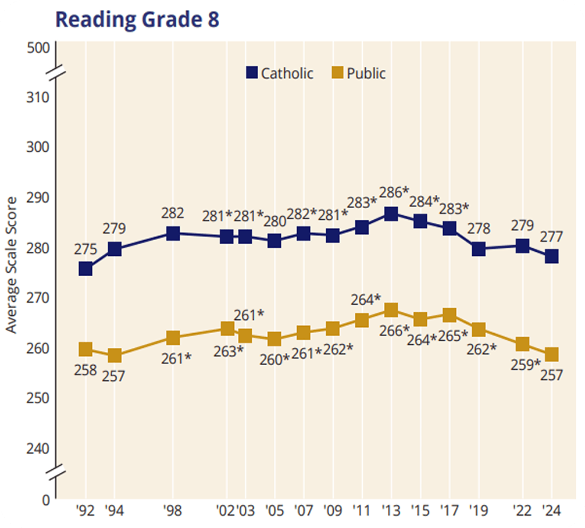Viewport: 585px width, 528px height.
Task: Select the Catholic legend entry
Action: [x=279, y=73]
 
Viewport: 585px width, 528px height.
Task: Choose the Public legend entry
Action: [x=359, y=73]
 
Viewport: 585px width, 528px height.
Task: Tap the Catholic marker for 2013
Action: [x=391, y=214]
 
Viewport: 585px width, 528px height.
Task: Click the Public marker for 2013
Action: [x=391, y=309]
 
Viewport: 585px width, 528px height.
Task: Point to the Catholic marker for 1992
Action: [x=85, y=269]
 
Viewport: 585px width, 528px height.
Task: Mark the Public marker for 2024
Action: [x=551, y=354]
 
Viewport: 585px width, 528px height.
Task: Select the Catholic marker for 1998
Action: [x=173, y=233]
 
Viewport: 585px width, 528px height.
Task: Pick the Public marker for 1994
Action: [x=115, y=355]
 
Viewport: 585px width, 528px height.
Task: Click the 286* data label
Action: [x=394, y=192]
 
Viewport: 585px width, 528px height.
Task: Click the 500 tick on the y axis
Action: [x=38, y=48]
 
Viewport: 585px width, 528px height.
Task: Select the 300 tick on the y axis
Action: [x=38, y=147]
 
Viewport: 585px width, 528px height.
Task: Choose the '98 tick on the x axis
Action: [x=173, y=512]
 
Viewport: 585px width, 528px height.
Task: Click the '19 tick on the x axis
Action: [x=478, y=512]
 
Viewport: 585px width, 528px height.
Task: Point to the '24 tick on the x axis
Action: [x=551, y=512]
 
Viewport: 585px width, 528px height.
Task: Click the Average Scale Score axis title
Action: [x=12, y=265]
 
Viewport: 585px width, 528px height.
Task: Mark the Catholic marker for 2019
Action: [x=479, y=249]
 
